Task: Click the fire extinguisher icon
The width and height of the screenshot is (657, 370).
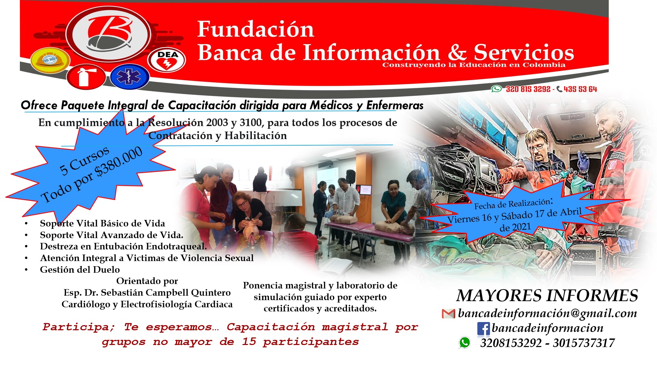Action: pos(86,77)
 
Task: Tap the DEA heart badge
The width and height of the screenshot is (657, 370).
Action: pos(167,60)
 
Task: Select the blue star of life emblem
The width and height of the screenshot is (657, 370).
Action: pos(129,77)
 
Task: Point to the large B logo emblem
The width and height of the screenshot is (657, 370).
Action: pos(108,34)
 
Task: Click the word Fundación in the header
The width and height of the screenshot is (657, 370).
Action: pos(256,29)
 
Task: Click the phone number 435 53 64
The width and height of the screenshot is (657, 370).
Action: pos(580,89)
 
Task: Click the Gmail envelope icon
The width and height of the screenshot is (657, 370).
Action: pos(448,313)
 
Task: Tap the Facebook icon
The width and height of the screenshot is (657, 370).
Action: pos(483,329)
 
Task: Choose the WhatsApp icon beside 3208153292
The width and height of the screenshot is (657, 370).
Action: pos(465,343)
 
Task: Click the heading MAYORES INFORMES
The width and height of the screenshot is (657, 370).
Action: pos(547,296)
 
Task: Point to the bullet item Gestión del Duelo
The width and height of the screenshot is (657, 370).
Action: pos(80,270)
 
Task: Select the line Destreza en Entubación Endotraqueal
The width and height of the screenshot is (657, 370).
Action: pos(124,246)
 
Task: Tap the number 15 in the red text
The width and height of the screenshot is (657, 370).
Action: pos(249,342)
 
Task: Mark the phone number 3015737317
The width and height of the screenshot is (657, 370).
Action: pos(584,343)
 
